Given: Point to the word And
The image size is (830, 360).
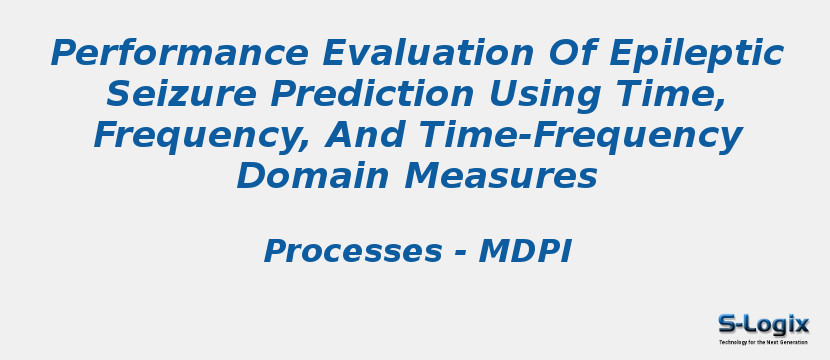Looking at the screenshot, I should (x=361, y=136).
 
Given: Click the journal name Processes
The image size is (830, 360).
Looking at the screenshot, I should (x=352, y=252).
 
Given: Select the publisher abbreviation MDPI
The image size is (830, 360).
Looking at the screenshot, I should (x=525, y=252).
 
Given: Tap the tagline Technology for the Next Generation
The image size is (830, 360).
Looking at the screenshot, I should (x=763, y=342).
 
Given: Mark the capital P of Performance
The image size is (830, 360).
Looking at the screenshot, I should (x=65, y=53).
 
